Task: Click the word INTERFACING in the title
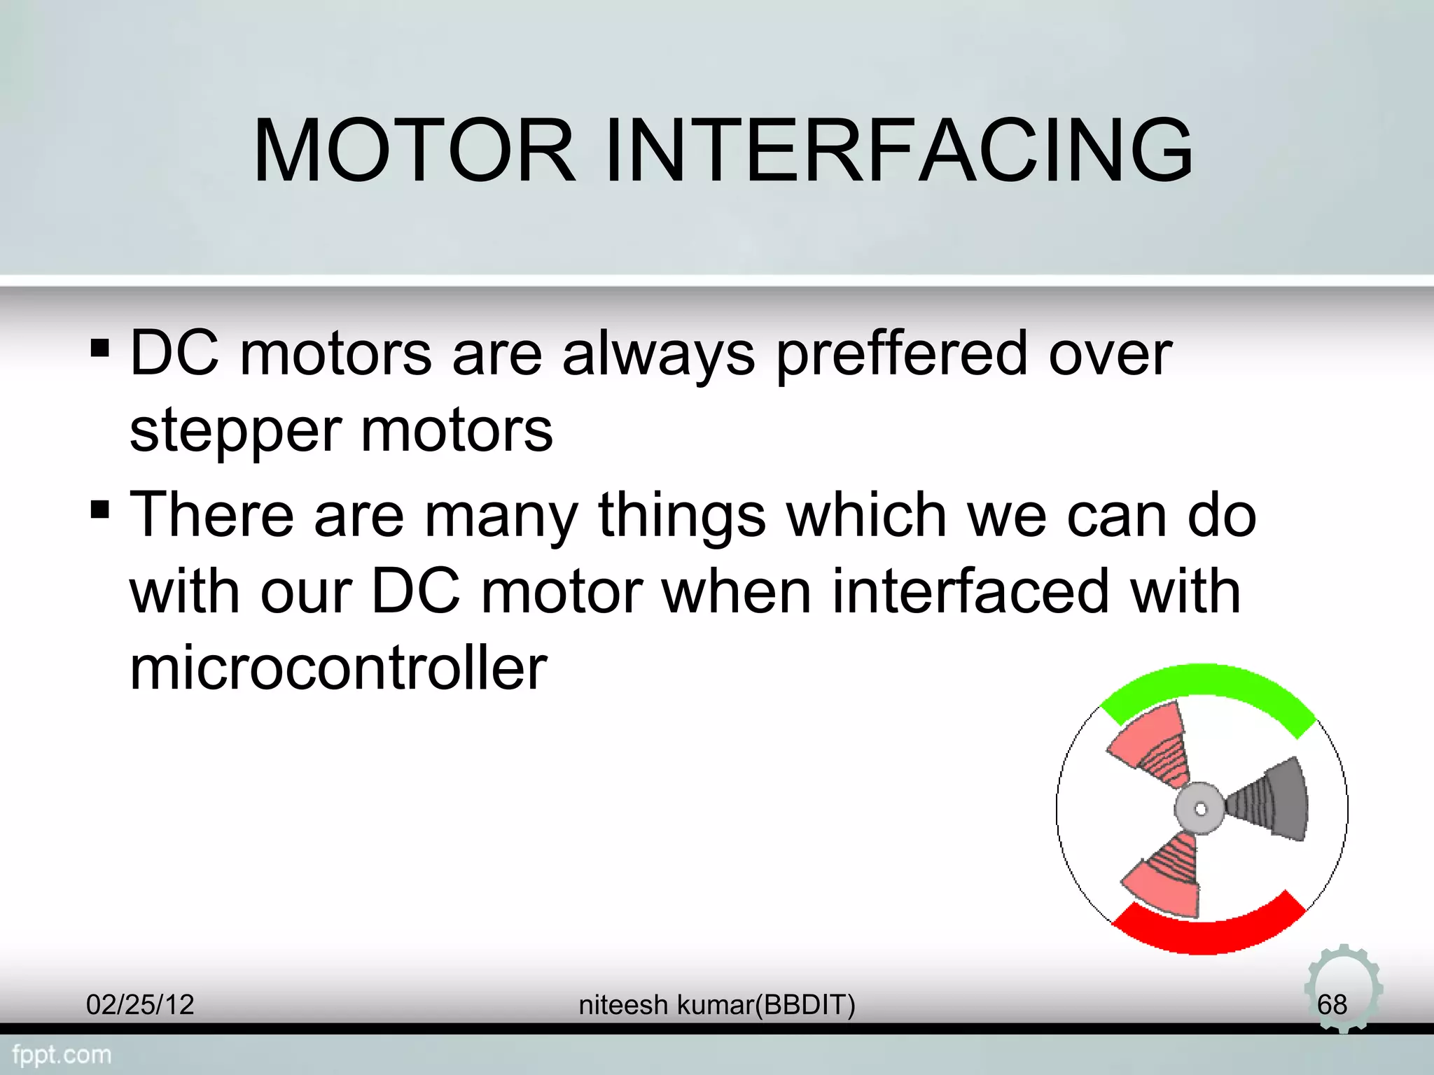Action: [x=898, y=150]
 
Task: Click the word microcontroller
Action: [x=338, y=668]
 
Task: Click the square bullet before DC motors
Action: [x=100, y=348]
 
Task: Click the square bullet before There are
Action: [x=100, y=510]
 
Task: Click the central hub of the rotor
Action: [x=1200, y=809]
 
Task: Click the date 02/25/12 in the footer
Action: [x=140, y=1005]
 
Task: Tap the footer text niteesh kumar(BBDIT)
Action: [x=717, y=1005]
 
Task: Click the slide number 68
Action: [x=1332, y=1005]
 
